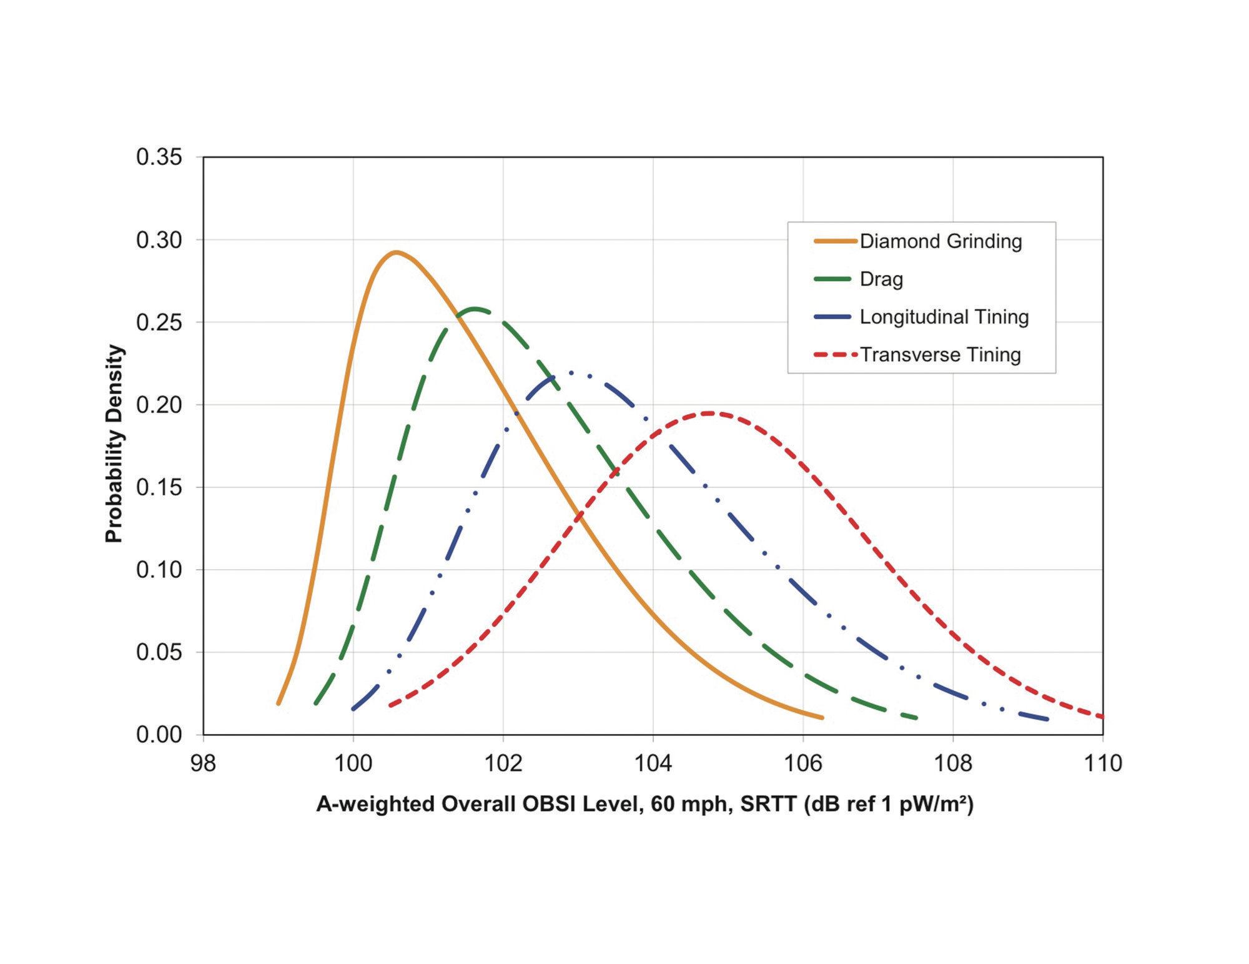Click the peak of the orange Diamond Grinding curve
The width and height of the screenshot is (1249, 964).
pyautogui.click(x=395, y=252)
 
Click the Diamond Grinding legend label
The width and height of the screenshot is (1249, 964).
pyautogui.click(x=940, y=241)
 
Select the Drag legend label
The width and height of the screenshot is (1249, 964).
pyautogui.click(x=881, y=279)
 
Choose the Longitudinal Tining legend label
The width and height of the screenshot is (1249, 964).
pyautogui.click(x=944, y=317)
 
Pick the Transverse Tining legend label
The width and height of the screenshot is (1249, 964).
pyautogui.click(x=940, y=355)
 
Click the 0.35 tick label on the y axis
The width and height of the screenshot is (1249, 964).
pyautogui.click(x=159, y=157)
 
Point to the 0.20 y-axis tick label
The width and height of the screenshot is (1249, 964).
pyautogui.click(x=159, y=405)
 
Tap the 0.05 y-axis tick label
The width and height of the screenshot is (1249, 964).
pyautogui.click(x=159, y=652)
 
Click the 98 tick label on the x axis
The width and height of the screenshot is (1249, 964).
pyautogui.click(x=203, y=763)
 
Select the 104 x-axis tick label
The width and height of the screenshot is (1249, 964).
pyautogui.click(x=653, y=763)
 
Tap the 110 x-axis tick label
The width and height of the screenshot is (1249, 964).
pyautogui.click(x=1103, y=763)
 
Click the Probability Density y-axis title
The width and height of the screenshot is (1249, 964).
pyautogui.click(x=114, y=444)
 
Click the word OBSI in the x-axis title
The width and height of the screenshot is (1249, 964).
pyautogui.click(x=549, y=804)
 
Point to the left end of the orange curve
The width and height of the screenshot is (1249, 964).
pyautogui.click(x=279, y=704)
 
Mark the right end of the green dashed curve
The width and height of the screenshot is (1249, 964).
pyautogui.click(x=916, y=718)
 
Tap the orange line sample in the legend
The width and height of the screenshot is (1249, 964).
pyautogui.click(x=836, y=241)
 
